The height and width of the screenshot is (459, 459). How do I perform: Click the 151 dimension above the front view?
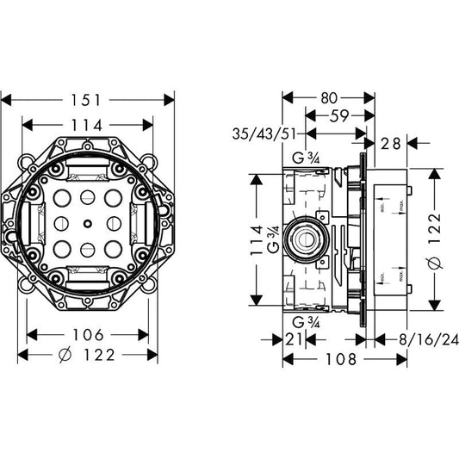click(89, 100)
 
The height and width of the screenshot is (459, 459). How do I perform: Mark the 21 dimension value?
click(294, 340)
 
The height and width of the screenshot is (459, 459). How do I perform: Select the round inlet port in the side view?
click(307, 239)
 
